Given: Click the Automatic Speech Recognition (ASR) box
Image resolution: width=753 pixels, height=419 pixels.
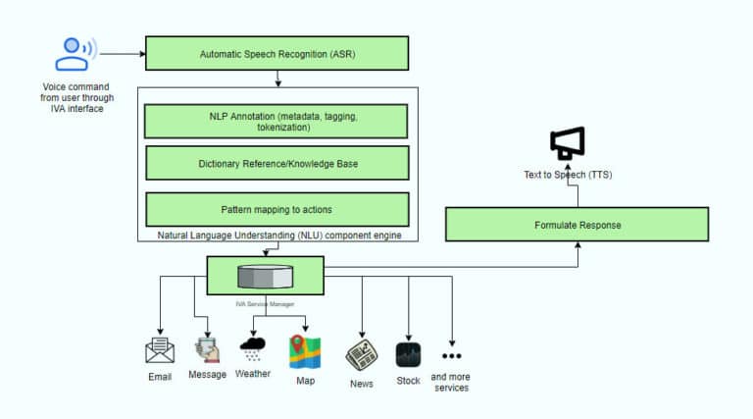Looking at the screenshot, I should tap(276, 53).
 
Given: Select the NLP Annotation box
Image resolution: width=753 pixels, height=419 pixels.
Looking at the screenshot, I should tap(276, 122).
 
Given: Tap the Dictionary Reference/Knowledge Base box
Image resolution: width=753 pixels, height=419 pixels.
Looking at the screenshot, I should tap(276, 163).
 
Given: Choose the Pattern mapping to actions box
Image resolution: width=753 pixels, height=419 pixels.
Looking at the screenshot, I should tap(276, 209).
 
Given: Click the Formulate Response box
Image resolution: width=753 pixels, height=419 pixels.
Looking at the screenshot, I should tap(577, 225).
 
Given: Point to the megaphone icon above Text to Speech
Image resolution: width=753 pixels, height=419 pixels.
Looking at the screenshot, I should tap(567, 144).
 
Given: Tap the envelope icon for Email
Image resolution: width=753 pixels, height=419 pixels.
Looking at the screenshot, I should tap(159, 351).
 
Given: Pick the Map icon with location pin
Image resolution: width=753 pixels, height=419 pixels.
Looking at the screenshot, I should tap(304, 351).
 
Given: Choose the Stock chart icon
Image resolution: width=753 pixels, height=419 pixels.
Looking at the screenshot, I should tap(408, 354).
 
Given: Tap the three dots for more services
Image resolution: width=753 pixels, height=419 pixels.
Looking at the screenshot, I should tap(451, 355).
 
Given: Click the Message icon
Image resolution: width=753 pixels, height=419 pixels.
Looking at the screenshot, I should tap(207, 351).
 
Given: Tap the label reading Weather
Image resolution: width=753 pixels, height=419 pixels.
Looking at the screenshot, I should tap(253, 374).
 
